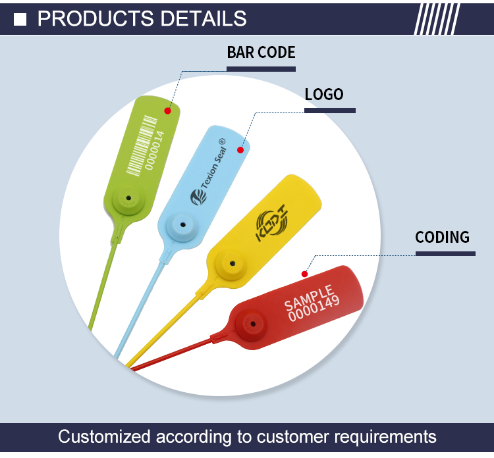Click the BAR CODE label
tap(261, 52)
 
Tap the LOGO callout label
tap(324, 95)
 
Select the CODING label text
tap(442, 237)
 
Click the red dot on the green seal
tap(167, 111)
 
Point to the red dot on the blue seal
tap(240, 150)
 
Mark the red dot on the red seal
tap(304, 274)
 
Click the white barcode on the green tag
tap(142, 146)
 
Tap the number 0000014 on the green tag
tap(155, 151)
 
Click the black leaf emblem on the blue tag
tap(198, 197)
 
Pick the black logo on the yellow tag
tap(271, 223)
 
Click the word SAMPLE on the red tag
tap(309, 297)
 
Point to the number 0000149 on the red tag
tap(314, 309)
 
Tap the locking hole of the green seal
tap(128, 198)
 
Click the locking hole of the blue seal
tap(182, 225)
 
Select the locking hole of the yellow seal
tap(233, 263)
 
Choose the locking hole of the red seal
tap(253, 324)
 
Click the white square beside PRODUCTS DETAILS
tap(20, 20)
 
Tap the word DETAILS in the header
tap(204, 18)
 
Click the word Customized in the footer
tap(104, 436)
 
